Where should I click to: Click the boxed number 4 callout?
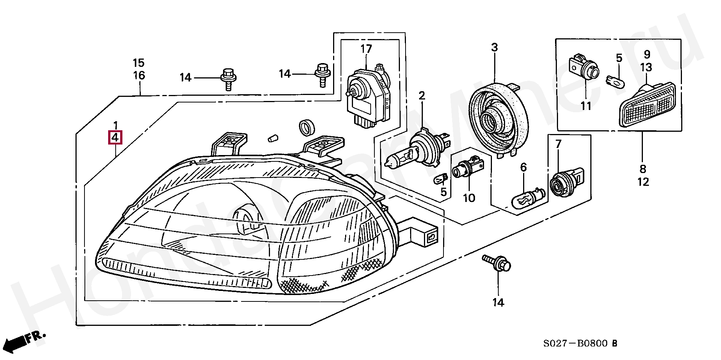(x=115, y=138)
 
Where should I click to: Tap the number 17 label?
(x=366, y=49)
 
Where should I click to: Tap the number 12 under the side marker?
(x=643, y=182)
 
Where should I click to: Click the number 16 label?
(x=139, y=75)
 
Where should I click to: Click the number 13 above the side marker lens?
(x=646, y=68)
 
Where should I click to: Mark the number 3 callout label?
(x=494, y=48)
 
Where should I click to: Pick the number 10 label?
(x=469, y=198)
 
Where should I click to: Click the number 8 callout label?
(x=643, y=169)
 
